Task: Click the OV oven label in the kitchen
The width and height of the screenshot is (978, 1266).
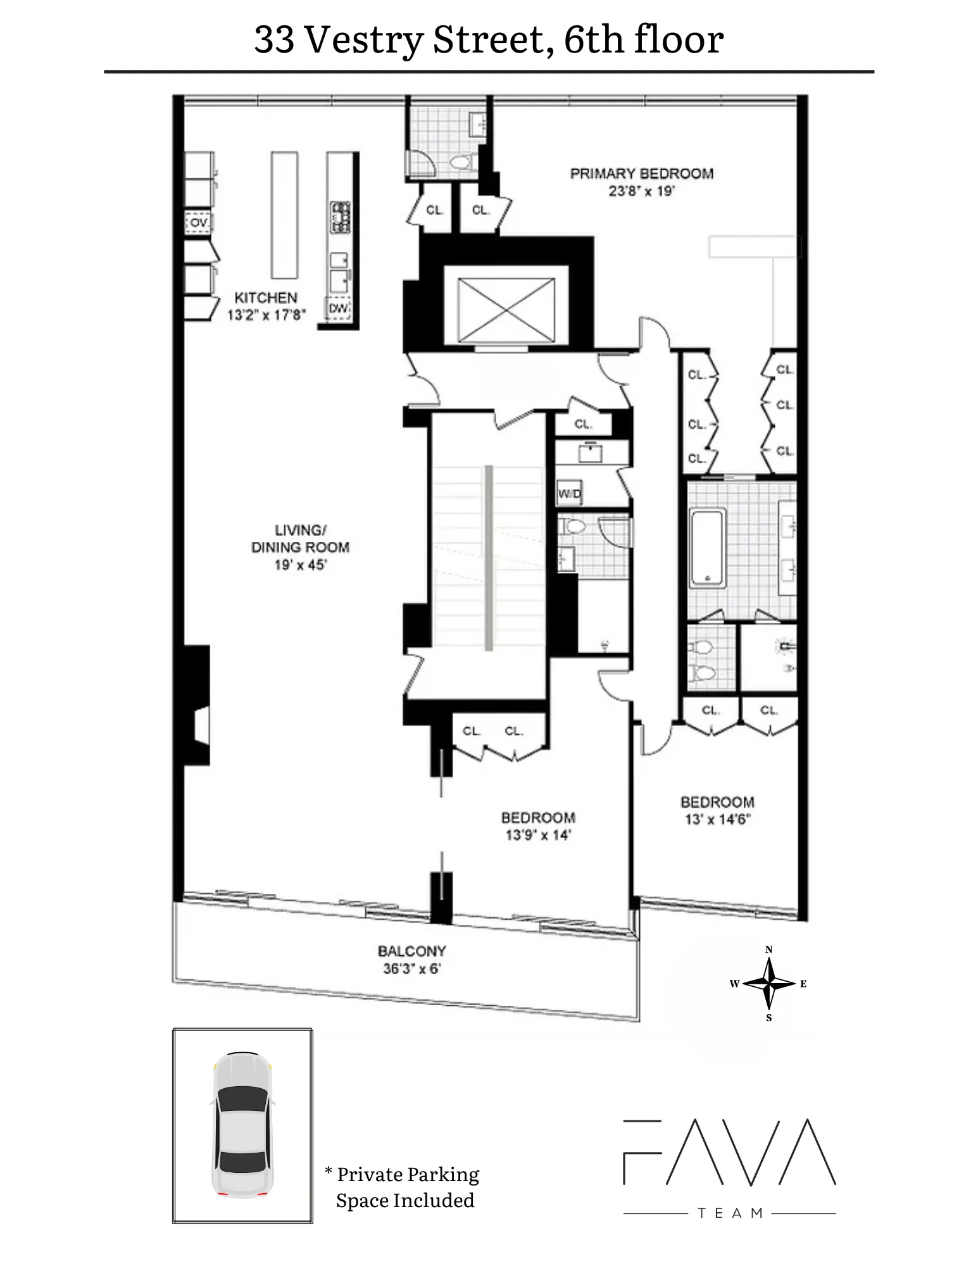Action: point(199,223)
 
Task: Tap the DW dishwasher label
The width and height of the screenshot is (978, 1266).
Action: point(339,308)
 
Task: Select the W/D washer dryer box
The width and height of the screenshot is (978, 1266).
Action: point(569,494)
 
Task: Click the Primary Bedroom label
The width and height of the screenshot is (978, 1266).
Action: point(641,173)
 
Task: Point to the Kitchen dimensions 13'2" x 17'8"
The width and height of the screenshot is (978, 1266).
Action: point(266,315)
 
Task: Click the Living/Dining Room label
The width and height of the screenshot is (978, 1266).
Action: point(300,539)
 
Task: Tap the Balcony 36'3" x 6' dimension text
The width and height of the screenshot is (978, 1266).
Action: point(411,968)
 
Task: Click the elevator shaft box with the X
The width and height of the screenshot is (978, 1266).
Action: point(505,306)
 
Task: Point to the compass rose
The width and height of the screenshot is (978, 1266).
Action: point(768,983)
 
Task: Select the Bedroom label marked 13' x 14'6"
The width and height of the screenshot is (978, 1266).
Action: point(717,802)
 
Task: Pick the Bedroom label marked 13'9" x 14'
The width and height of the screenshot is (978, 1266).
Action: point(538,817)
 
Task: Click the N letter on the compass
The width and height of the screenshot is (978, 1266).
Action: point(769,949)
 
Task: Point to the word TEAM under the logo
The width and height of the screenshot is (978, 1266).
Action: point(730,1213)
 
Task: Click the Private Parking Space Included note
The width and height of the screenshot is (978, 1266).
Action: point(405,1188)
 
